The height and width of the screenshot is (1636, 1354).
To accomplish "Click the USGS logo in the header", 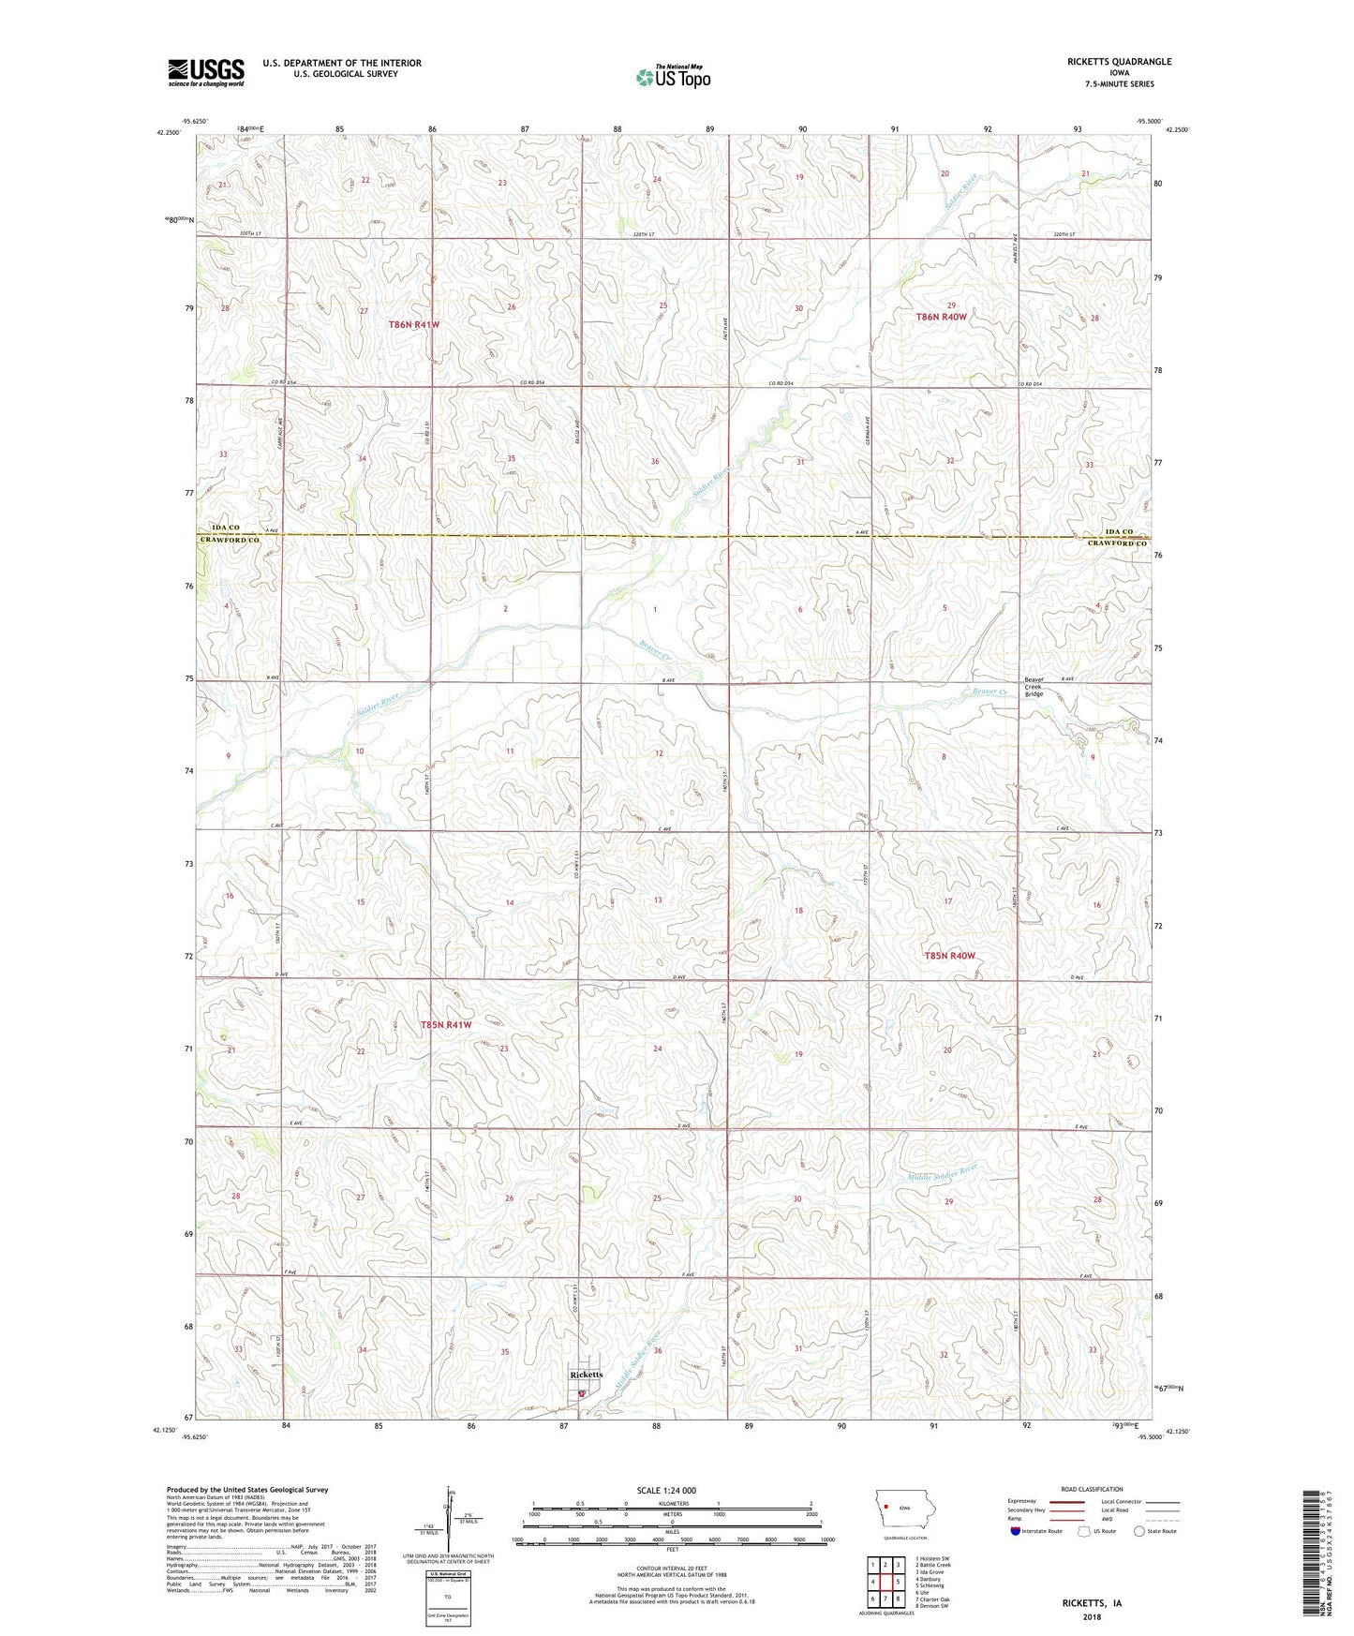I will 206,72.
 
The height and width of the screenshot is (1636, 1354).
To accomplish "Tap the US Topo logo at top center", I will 673,77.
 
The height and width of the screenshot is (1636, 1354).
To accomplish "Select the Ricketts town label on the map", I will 587,1375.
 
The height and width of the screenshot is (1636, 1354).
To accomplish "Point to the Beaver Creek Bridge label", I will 1034,687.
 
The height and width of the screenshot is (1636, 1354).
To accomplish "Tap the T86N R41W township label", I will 413,324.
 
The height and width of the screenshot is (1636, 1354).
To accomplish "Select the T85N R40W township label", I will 949,956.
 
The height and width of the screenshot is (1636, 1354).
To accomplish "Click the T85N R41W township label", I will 445,1025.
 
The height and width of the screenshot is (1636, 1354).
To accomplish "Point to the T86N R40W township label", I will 941,317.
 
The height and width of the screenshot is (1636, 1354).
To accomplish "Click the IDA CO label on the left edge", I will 220,528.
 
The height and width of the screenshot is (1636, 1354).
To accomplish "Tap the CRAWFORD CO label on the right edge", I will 1117,543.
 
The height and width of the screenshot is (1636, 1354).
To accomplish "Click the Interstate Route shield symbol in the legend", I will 1015,1531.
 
